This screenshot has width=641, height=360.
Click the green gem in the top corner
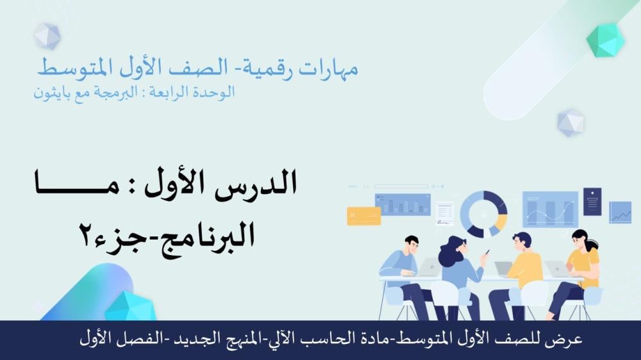pos(605,39)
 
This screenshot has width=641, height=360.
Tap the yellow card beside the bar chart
pos(364,216)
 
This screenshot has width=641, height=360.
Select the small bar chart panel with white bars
pos(403,204)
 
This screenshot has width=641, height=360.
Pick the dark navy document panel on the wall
pos(592,201)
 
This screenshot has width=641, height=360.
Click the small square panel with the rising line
pos(620,213)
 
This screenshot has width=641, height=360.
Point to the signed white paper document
pos(444,213)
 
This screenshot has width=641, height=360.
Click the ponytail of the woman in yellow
pos(591,247)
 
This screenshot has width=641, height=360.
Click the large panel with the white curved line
pos(550,209)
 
